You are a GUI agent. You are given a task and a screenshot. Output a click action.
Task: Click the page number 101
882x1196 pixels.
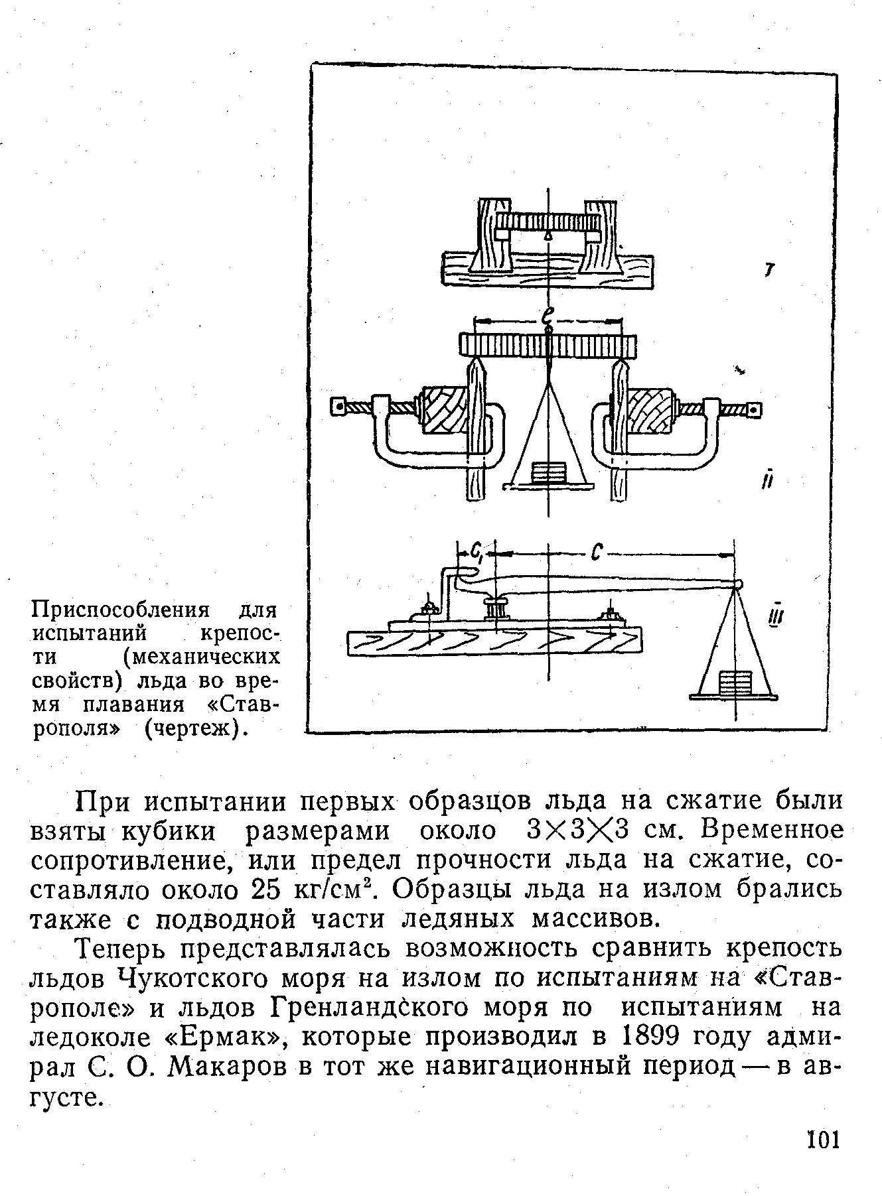tap(823, 1140)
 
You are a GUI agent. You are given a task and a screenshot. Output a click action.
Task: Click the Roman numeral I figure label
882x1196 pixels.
tap(769, 271)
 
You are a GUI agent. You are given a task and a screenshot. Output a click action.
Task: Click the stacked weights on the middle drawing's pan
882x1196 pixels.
tap(548, 473)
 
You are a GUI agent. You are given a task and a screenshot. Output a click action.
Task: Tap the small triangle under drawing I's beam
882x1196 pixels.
tap(548, 235)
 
